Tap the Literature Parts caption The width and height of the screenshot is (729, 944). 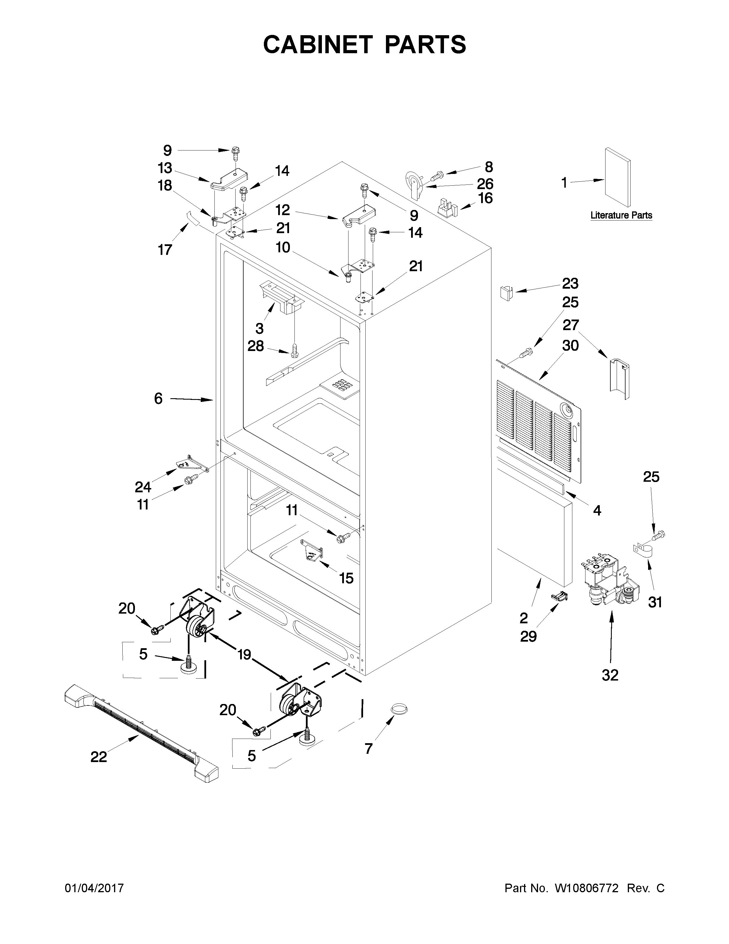pyautogui.click(x=621, y=215)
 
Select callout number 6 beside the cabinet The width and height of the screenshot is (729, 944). pyautogui.click(x=158, y=398)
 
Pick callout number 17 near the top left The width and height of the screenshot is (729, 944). pyautogui.click(x=165, y=249)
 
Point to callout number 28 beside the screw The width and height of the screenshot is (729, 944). pyautogui.click(x=255, y=346)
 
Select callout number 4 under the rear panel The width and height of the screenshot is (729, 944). pyautogui.click(x=597, y=510)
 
